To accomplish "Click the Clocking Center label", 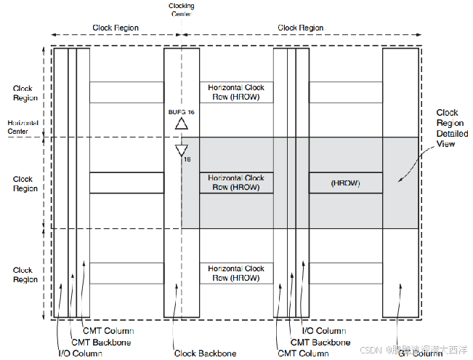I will pyautogui.click(x=181, y=8).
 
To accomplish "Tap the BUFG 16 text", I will pyautogui.click(x=182, y=112).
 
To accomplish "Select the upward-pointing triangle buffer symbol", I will pyautogui.click(x=182, y=124).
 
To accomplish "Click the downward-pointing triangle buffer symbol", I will pyautogui.click(x=182, y=151).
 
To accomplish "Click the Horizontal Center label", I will pyautogui.click(x=18, y=127).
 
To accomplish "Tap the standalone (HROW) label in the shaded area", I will pyautogui.click(x=345, y=183).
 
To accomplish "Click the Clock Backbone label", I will pyautogui.click(x=205, y=353).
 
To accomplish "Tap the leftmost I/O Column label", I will pyautogui.click(x=80, y=353).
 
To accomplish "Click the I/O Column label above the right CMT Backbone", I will pyautogui.click(x=324, y=331).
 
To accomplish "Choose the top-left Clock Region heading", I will pyautogui.click(x=116, y=28).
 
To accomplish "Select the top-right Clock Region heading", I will pyautogui.click(x=301, y=28).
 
